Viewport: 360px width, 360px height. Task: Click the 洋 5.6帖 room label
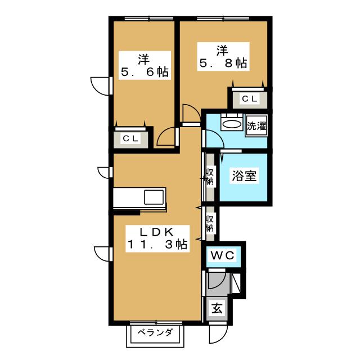coord(145,65)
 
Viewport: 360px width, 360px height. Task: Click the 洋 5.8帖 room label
coord(223,56)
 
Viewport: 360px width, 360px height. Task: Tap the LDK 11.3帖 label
coord(157,238)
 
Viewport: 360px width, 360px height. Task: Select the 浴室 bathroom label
coord(244,176)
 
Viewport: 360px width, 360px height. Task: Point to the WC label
coord(223,255)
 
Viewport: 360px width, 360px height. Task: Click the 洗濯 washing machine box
coord(256,126)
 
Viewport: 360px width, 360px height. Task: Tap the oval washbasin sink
coord(232,124)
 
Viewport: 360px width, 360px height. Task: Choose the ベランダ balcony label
coord(155,332)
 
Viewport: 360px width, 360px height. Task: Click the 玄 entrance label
coord(217,308)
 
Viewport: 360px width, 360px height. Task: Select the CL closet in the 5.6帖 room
coord(130,138)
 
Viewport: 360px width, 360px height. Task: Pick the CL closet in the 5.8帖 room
coord(250,99)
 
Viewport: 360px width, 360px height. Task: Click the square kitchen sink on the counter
coord(154,197)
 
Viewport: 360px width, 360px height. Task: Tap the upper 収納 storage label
coord(210,176)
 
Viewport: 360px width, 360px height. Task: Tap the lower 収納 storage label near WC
coord(210,223)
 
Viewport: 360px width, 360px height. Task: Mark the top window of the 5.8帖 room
coord(223,19)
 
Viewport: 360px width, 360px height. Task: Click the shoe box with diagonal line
coord(236,283)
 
